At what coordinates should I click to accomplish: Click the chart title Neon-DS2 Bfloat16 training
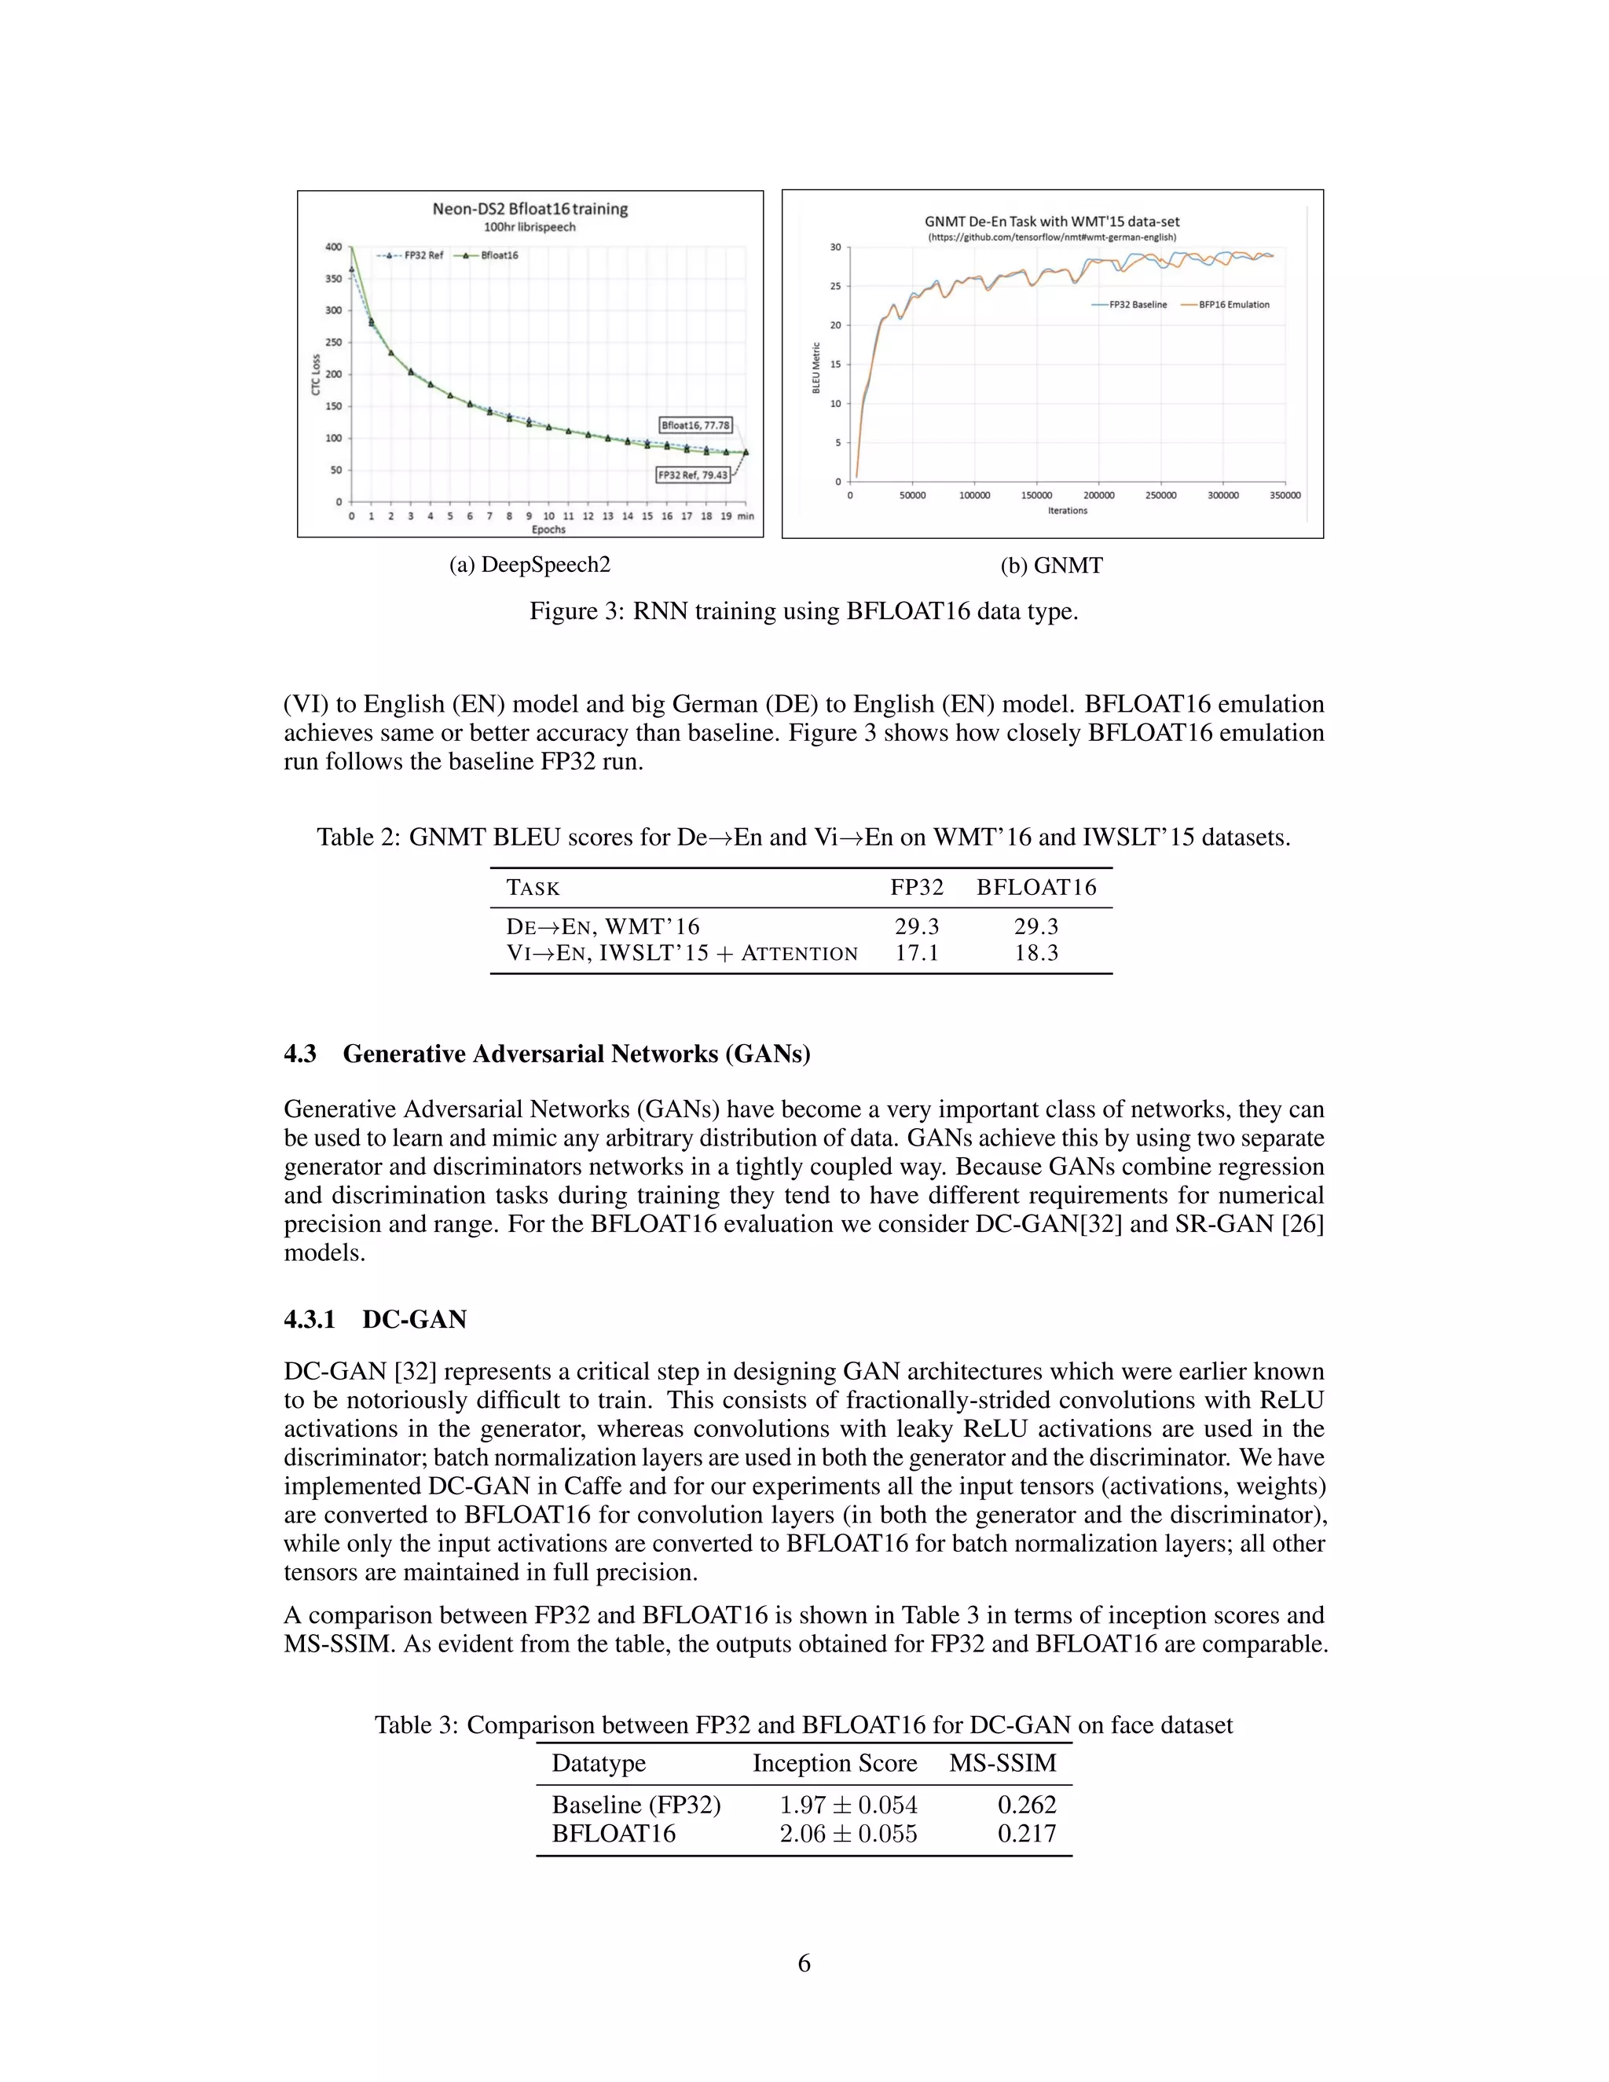530,209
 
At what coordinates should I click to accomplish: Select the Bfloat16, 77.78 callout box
696,425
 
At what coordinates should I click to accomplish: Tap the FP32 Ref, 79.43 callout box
693,475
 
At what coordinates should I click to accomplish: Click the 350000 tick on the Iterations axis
1284,496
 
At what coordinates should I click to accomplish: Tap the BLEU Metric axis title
816,367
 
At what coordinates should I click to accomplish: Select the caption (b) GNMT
1051,566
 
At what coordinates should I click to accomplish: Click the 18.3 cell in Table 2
1036,953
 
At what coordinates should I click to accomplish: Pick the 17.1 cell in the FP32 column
916,953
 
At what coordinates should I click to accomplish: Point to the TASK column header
533,888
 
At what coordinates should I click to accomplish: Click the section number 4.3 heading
300,1054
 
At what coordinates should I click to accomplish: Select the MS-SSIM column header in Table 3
1002,1764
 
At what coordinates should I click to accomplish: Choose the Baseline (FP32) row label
636,1805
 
